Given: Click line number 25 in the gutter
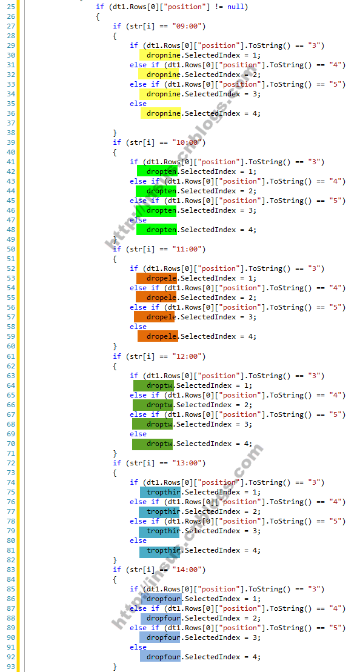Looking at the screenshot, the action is tap(11, 7).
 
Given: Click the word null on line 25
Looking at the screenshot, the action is tap(237, 7).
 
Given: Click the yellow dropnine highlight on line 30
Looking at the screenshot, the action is tap(160, 55).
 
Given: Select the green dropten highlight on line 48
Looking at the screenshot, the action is tap(157, 230).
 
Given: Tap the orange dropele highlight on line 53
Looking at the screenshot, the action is tap(157, 278).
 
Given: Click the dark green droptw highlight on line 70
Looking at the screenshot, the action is tap(153, 444).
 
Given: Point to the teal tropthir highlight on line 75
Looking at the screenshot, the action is tap(160, 492).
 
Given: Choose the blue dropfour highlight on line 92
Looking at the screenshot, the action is tap(160, 657).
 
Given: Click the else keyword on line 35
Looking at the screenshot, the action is tap(138, 104).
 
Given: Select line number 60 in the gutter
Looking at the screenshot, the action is tap(11, 346).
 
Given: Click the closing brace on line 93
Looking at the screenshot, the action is tap(115, 667).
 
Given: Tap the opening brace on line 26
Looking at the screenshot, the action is tap(98, 17).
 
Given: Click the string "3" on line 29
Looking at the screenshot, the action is tap(316, 45).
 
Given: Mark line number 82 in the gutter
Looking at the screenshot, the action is tap(11, 560).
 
